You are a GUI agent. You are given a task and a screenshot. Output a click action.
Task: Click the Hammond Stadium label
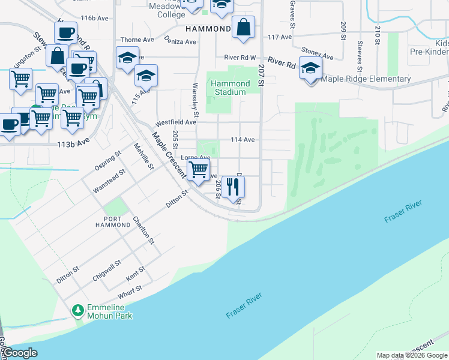pyautogui.click(x=230, y=88)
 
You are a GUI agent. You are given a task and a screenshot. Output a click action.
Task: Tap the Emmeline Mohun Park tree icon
pyautogui.click(x=77, y=310)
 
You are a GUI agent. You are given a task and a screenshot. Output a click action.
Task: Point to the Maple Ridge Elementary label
pyautogui.click(x=366, y=79)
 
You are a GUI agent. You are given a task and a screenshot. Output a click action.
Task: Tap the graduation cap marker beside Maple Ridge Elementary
pyautogui.click(x=310, y=69)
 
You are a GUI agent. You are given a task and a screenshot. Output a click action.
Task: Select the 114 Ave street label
pyautogui.click(x=243, y=140)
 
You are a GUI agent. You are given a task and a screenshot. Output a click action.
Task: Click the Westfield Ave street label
pyautogui.click(x=176, y=122)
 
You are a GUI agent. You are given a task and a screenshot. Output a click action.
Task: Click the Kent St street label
pyautogui.click(x=136, y=275)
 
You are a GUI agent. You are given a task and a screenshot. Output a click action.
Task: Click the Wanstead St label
pyautogui.click(x=109, y=181)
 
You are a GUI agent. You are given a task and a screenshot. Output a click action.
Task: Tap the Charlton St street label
pyautogui.click(x=144, y=230)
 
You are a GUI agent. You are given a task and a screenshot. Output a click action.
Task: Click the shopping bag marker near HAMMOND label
pyautogui.click(x=243, y=28)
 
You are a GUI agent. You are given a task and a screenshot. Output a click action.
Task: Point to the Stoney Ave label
pyautogui.click(x=318, y=55)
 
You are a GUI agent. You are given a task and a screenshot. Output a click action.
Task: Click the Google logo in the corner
pyautogui.click(x=20, y=353)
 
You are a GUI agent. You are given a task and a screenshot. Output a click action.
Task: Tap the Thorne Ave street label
pyautogui.click(x=137, y=40)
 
